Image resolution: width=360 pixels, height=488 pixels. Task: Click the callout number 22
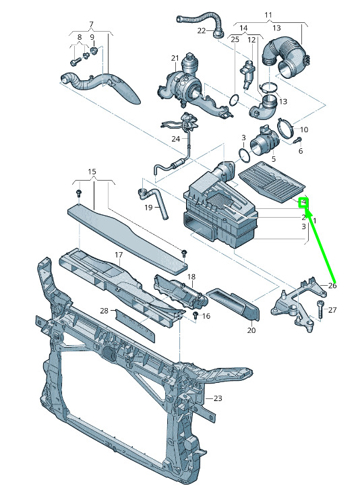(x=202, y=30)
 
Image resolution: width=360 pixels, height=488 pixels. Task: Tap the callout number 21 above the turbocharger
(x=175, y=58)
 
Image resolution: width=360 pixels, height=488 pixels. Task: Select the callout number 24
(x=176, y=138)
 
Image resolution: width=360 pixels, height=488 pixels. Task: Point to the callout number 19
(x=148, y=208)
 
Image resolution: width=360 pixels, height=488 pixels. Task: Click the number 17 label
(x=119, y=255)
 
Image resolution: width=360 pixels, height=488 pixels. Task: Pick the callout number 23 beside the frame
(x=218, y=398)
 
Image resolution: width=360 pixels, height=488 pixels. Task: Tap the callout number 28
(x=104, y=311)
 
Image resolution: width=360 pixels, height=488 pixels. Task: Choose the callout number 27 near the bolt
(x=332, y=310)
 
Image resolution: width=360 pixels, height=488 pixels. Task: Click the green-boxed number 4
(x=303, y=203)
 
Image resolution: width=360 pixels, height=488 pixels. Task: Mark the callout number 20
(x=251, y=330)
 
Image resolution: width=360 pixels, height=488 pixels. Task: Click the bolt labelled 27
(x=320, y=309)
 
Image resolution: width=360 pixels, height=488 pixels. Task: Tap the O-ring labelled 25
(x=235, y=100)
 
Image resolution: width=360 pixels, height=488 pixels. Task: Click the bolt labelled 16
(x=196, y=315)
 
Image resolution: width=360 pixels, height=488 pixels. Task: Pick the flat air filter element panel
(x=272, y=181)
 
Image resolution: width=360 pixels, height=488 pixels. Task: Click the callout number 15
(x=92, y=172)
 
